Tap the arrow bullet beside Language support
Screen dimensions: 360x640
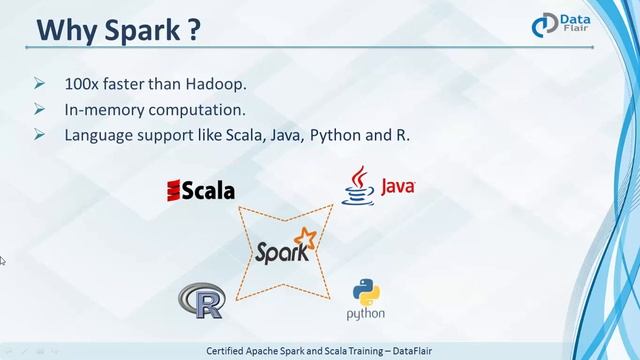pos(40,133)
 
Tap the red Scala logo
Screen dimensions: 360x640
pos(200,188)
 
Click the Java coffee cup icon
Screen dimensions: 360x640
pos(357,186)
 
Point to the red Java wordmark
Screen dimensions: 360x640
pos(396,186)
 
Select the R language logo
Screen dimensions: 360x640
pos(200,300)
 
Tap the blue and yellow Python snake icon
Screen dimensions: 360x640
pos(366,292)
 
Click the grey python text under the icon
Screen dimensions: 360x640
pos(366,315)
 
